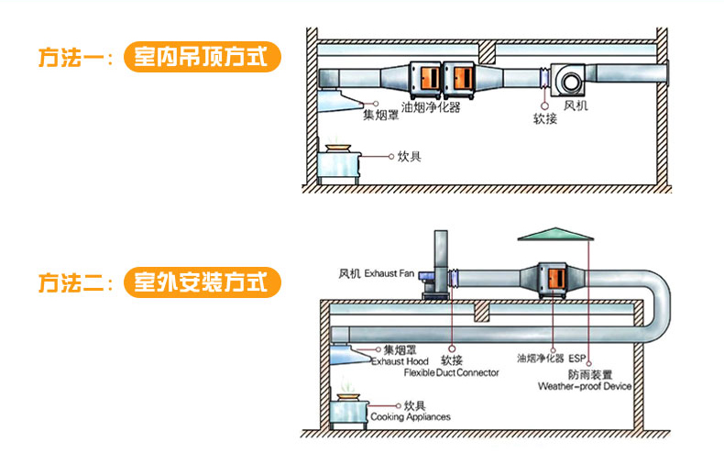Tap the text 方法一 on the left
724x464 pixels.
coord(73,57)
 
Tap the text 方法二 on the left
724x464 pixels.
coord(73,282)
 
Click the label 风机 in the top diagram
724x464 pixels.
coord(576,106)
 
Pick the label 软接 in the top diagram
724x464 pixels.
coord(544,119)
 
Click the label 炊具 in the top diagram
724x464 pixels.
coord(409,157)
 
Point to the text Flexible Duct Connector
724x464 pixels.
coord(453,373)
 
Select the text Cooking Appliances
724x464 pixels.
coord(410,417)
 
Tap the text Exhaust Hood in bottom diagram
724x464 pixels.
coord(400,361)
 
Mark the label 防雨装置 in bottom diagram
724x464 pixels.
coord(591,375)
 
